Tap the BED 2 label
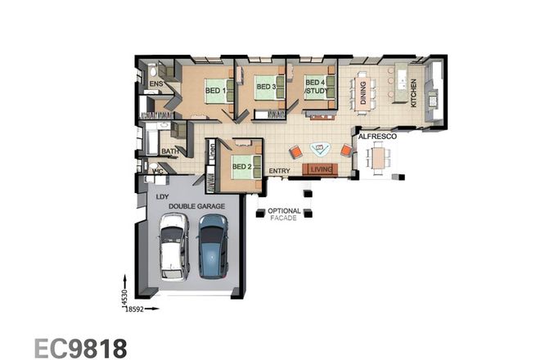(241, 167)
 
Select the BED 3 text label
(265, 86)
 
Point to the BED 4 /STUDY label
(316, 87)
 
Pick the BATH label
(169, 151)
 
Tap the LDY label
(162, 197)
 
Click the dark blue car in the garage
(213, 245)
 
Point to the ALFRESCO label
(377, 136)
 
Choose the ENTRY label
(280, 170)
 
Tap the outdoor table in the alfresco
(376, 155)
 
